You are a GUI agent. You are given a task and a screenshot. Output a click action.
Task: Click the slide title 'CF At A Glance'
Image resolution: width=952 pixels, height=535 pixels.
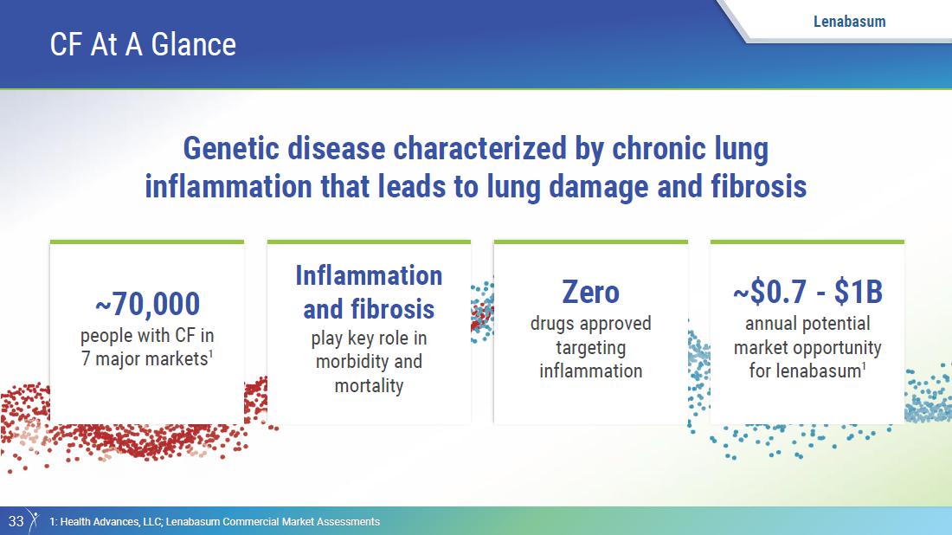(143, 44)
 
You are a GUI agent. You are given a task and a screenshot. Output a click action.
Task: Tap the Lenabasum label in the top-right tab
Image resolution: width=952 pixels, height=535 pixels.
(849, 22)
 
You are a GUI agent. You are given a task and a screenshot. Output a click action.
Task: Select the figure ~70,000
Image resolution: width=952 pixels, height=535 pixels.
(147, 304)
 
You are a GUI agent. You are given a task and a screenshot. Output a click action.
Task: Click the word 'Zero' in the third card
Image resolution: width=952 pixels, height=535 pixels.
(591, 292)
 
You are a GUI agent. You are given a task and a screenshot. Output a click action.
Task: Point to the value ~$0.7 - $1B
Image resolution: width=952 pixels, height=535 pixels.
(807, 292)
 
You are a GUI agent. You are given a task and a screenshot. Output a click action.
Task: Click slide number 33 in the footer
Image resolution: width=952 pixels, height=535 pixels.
(16, 521)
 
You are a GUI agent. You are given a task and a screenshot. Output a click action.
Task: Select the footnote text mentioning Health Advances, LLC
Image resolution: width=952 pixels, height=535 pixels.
(215, 522)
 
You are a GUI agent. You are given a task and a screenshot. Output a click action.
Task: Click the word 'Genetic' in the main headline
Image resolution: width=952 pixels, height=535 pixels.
(232, 149)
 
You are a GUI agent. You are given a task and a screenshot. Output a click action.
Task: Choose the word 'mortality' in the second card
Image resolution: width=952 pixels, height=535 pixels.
(370, 385)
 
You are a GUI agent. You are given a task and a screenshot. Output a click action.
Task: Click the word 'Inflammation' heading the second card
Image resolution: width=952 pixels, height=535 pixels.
(370, 275)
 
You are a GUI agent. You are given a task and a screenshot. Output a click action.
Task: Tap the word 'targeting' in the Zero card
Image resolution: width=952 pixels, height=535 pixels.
(591, 348)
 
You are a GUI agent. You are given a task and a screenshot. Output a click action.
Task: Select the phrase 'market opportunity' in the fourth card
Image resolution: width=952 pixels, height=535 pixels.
(807, 348)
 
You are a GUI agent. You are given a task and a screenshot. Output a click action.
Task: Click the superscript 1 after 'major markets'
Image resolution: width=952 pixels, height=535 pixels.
(210, 354)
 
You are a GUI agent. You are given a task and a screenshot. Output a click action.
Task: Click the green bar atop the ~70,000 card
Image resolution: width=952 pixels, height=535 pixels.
(147, 242)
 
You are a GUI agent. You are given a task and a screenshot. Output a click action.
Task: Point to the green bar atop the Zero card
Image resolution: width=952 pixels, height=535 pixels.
(591, 242)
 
